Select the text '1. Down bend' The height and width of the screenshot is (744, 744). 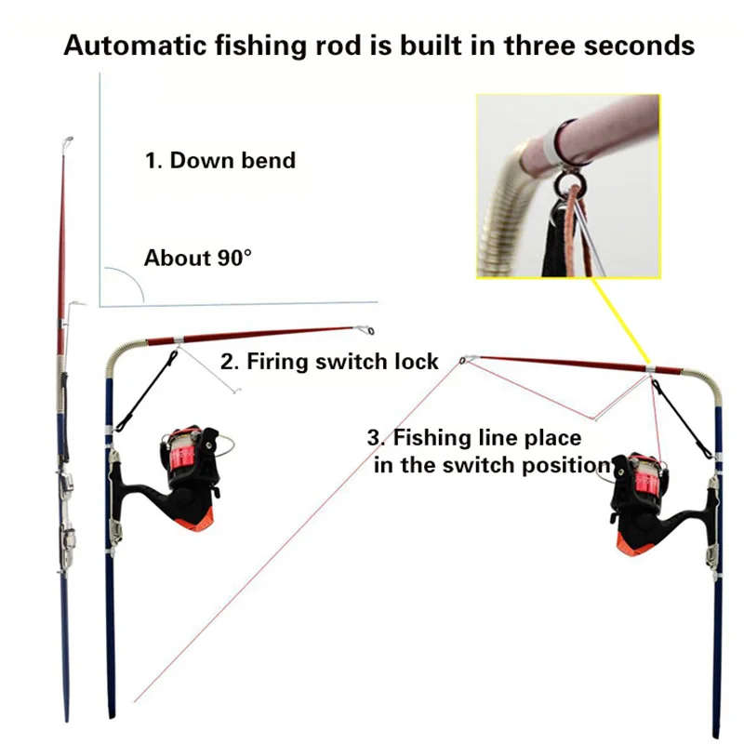point(219,160)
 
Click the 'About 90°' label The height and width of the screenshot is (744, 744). point(197,258)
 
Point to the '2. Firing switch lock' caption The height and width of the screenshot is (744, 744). point(329,361)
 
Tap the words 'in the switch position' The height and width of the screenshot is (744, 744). point(491,465)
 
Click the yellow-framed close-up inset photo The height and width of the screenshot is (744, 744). point(568,186)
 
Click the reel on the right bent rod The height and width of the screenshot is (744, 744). point(642,493)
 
